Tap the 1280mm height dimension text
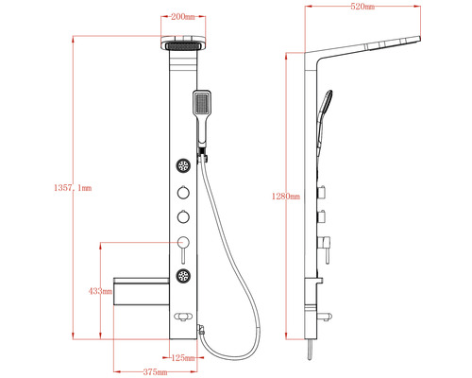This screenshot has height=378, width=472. tap(284, 197)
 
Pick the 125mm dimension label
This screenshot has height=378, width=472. tap(184, 357)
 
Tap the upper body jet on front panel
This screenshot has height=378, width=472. tap(183, 166)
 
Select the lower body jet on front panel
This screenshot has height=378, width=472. tap(183, 277)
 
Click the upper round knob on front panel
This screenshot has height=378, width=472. tap(183, 195)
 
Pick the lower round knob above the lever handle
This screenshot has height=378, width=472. tap(183, 217)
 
